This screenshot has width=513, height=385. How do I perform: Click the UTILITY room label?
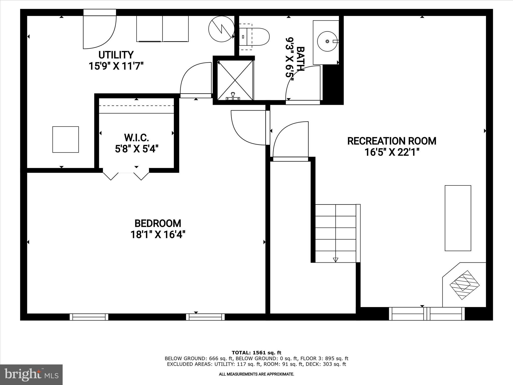[x=116, y=55]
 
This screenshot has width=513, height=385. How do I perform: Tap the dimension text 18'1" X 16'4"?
[x=158, y=235]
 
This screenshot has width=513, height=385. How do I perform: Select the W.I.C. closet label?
[x=137, y=138]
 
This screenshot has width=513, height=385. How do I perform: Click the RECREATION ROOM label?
[x=392, y=141]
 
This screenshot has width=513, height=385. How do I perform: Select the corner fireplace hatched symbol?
[x=465, y=285]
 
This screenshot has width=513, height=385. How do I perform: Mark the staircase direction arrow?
[x=335, y=260]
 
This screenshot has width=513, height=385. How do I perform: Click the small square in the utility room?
[x=65, y=139]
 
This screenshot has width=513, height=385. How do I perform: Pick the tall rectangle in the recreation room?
[x=458, y=218]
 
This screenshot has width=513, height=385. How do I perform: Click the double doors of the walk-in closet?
[x=126, y=175]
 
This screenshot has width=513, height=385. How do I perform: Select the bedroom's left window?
[x=89, y=317]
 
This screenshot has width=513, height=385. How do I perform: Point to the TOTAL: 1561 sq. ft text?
[x=256, y=353]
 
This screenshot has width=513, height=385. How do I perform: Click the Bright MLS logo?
[x=31, y=374]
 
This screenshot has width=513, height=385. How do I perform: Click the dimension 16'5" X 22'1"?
[x=392, y=152]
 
